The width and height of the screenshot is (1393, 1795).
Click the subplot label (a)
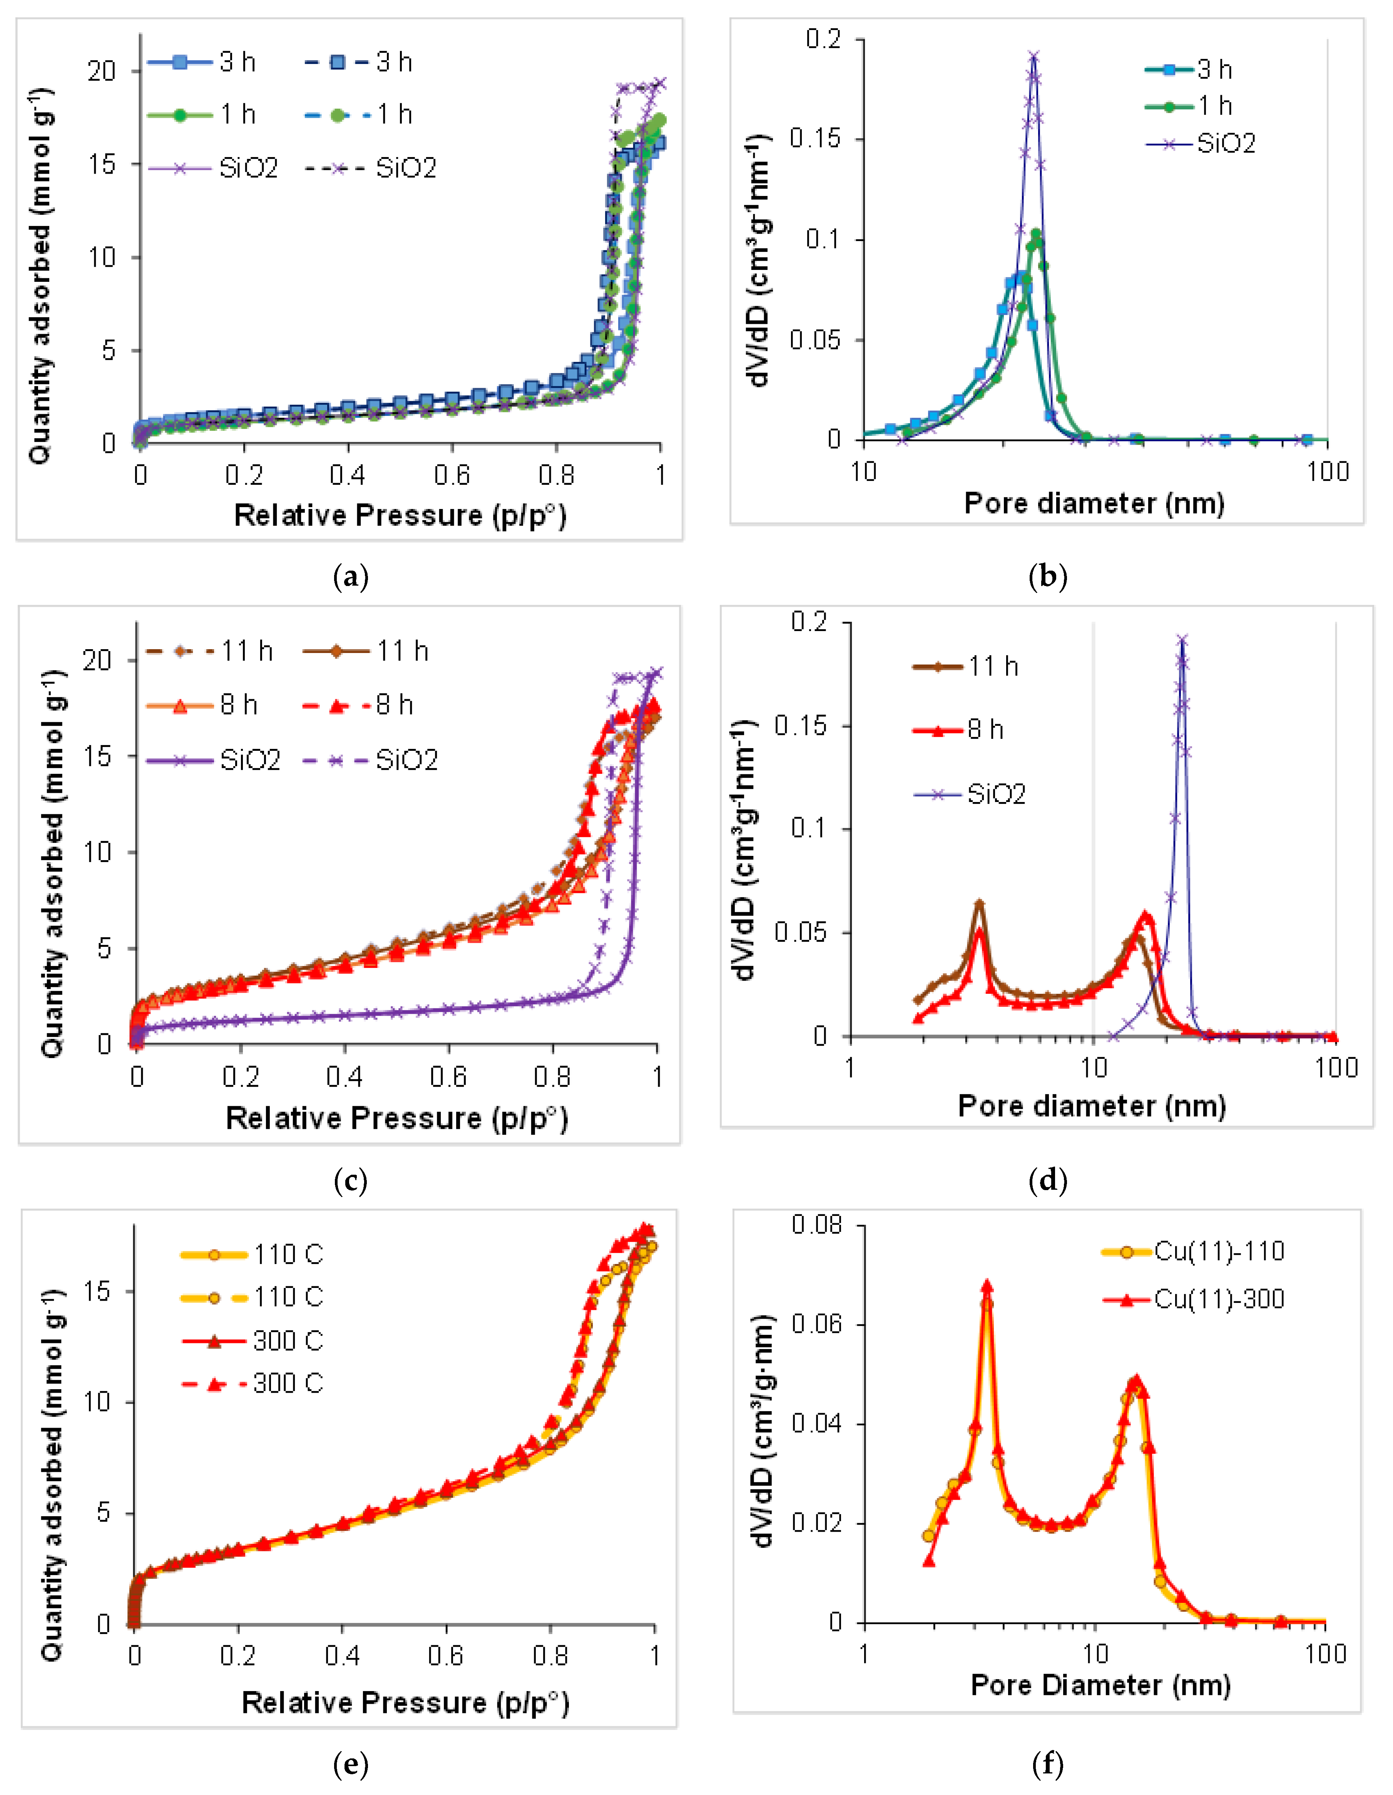351,577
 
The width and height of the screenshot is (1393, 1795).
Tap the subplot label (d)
1048,1181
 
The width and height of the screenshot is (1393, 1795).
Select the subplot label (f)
1048,1763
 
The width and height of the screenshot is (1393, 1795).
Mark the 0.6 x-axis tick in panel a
451,475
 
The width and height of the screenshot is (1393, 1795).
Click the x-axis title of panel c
397,1118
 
